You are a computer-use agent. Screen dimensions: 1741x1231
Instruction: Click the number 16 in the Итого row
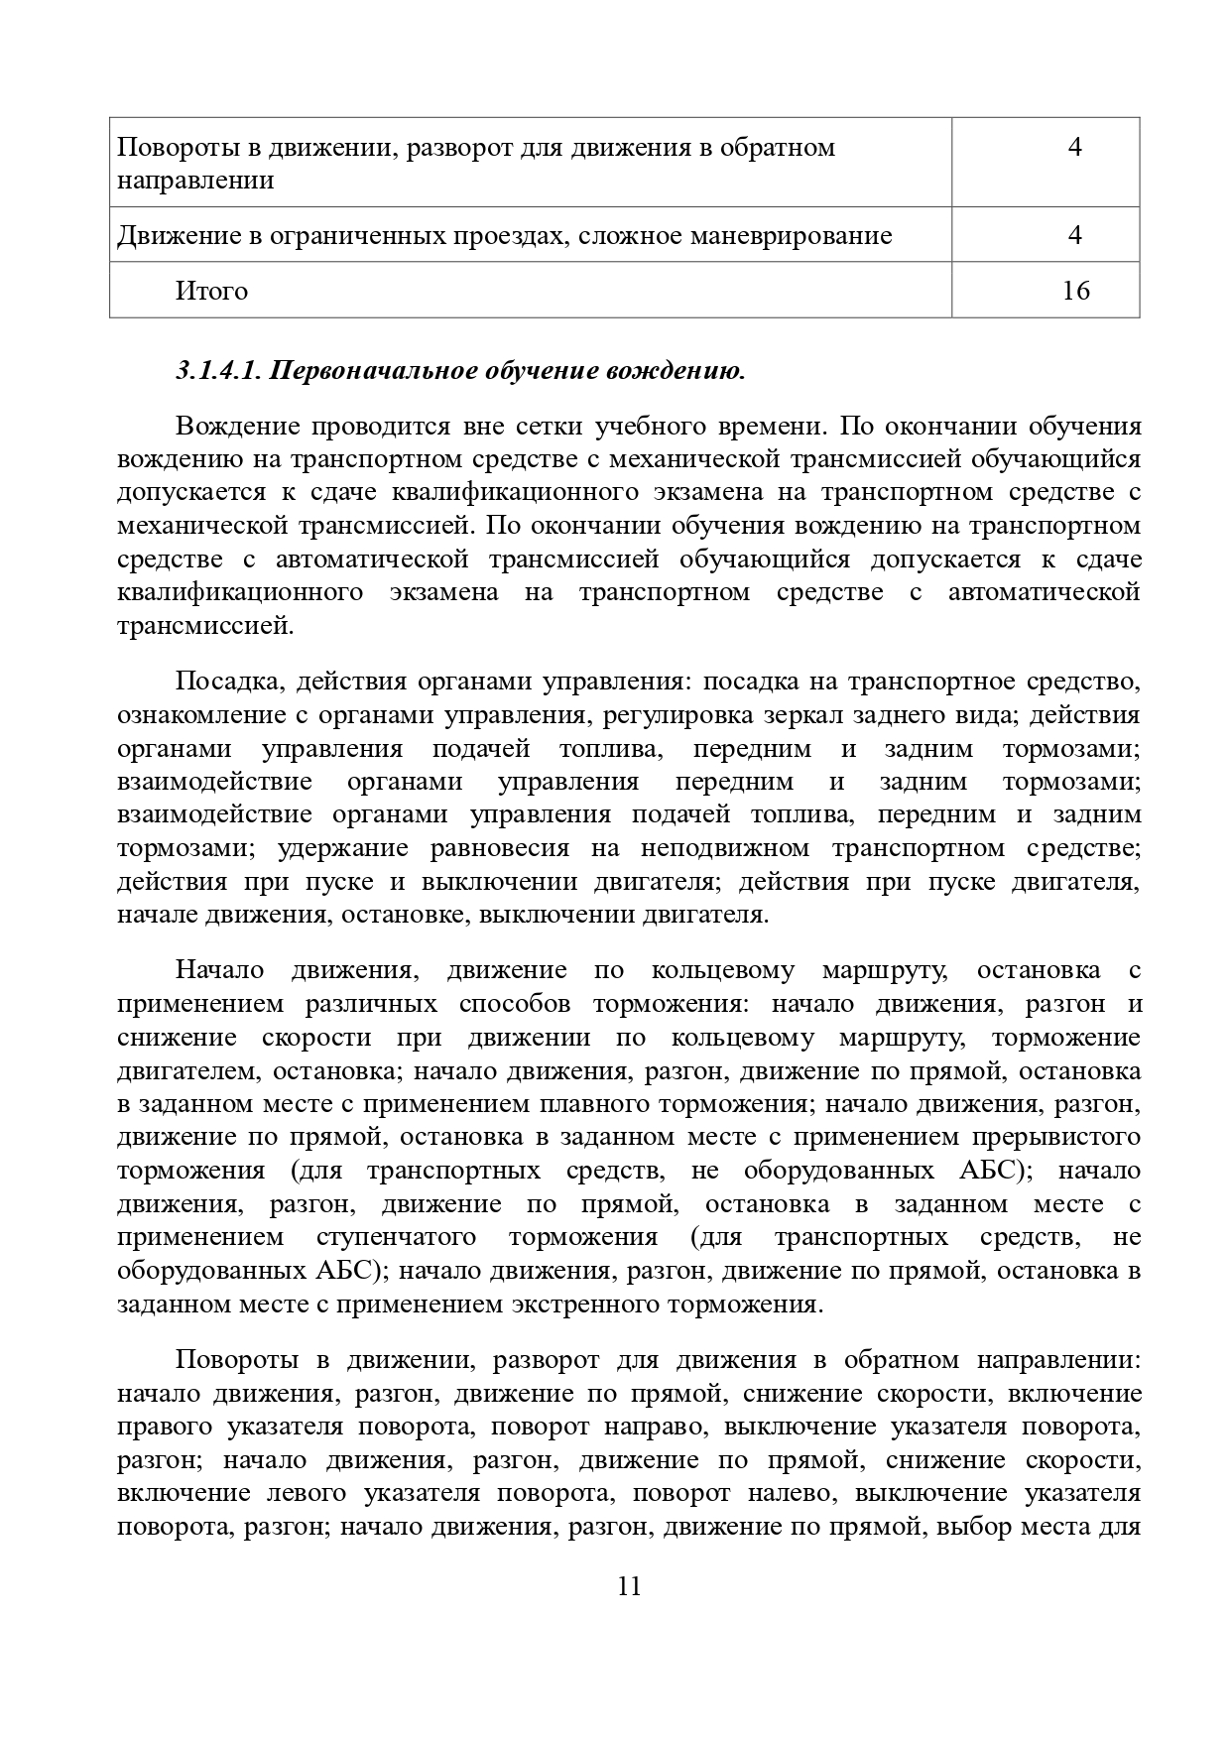click(1075, 291)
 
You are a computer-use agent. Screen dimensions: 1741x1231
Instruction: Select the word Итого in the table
click(211, 291)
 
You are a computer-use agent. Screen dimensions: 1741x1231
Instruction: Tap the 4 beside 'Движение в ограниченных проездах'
click(1075, 235)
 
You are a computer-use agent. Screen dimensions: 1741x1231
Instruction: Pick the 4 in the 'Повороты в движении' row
click(1075, 148)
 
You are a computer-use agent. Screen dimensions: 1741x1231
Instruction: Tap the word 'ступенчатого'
click(396, 1237)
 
